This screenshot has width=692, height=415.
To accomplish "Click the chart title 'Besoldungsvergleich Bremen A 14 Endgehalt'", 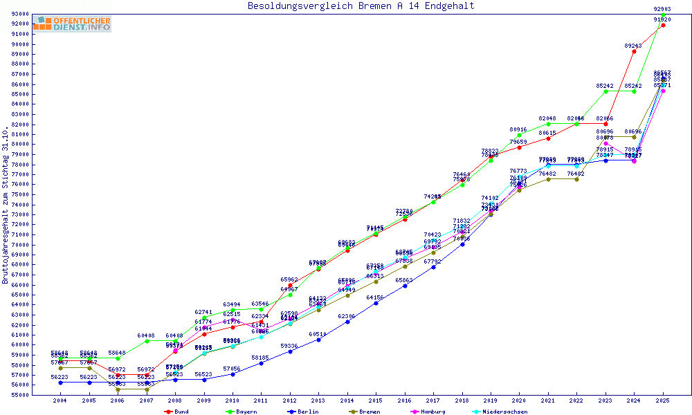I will (361, 6).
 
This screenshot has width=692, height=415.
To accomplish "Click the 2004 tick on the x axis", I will (61, 400).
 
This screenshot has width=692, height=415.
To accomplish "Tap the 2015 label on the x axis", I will (376, 400).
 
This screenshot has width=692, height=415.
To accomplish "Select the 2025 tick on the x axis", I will (663, 400).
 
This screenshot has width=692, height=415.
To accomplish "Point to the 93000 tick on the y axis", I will (19, 15).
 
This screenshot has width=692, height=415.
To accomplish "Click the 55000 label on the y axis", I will (19, 395).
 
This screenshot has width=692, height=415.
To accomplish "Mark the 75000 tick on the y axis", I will (19, 194).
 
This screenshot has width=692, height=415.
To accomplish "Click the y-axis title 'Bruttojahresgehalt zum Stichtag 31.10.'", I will (6, 205).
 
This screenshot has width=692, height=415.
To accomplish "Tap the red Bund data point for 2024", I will (634, 51).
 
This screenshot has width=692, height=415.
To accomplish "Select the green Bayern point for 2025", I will (663, 15).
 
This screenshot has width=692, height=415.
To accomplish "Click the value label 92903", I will (663, 9).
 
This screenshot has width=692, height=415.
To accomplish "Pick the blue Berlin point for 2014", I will (347, 322).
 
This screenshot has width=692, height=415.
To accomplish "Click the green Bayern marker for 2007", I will (147, 341).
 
